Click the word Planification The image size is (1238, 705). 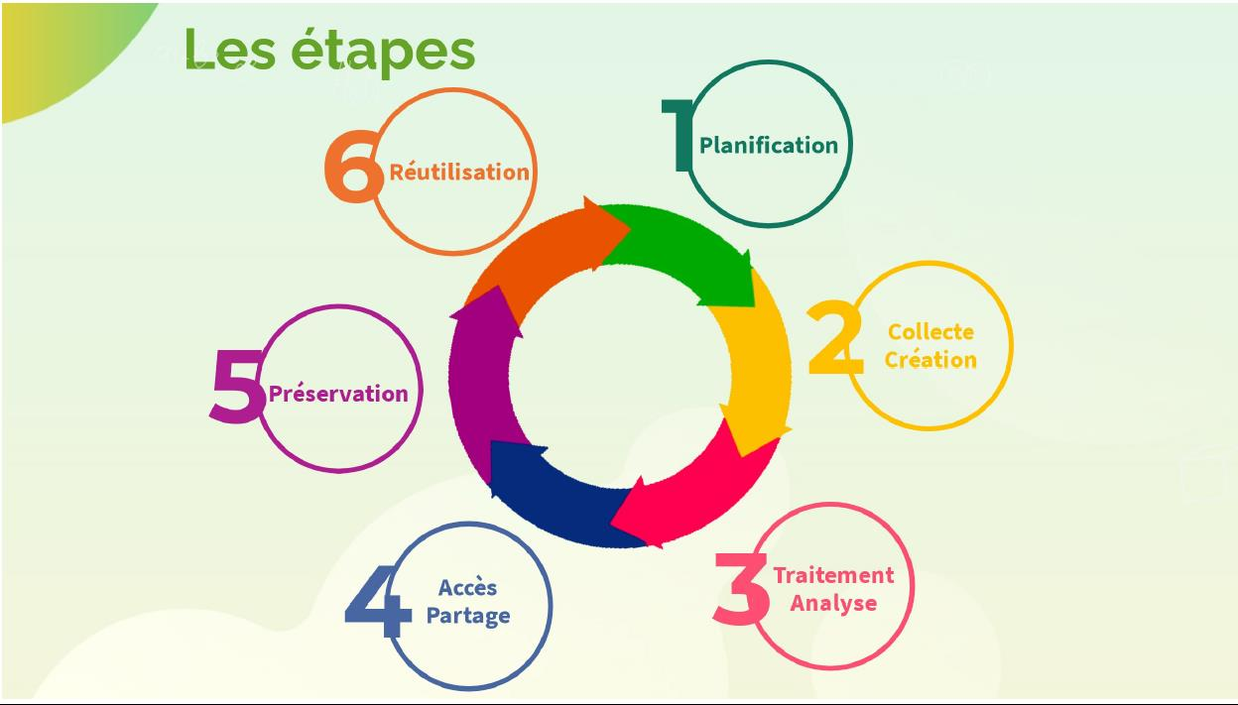pos(769,145)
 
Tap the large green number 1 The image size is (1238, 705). pos(679,137)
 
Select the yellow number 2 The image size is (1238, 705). pos(835,340)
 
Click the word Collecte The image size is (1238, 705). pos(930,331)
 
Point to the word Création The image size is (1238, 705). pos(930,359)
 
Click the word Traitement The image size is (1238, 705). pos(833,575)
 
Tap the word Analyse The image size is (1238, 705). pos(833,603)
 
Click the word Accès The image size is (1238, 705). pos(468,587)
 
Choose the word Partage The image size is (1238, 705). pos(468,615)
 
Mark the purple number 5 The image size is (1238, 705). pos(237,388)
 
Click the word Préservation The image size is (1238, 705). pos(338,394)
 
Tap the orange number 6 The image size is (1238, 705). pos(353,170)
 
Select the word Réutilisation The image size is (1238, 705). pos(458,172)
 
